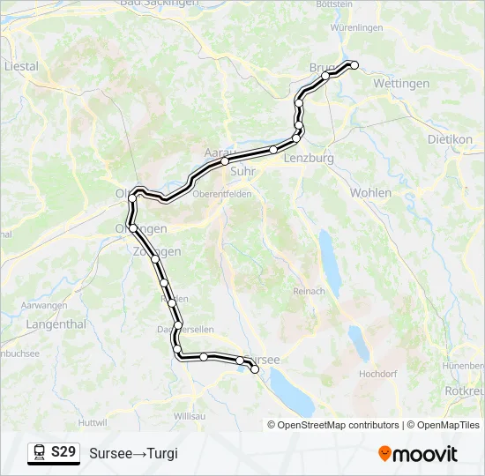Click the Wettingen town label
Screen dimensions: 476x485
point(401,84)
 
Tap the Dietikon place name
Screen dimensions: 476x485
point(450,139)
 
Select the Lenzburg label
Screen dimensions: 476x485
point(309,159)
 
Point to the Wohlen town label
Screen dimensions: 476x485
point(370,192)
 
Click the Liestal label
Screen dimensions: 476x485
point(21,66)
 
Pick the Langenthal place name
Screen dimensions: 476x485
point(32,324)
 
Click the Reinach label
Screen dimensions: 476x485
point(309,292)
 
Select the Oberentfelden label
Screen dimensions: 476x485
point(222,194)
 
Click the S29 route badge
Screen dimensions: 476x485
point(63,452)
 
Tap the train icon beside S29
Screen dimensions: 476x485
point(40,452)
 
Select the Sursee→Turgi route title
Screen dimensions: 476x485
point(133,453)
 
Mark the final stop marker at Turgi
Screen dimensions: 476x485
point(354,64)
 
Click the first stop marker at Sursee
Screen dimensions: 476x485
point(256,370)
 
